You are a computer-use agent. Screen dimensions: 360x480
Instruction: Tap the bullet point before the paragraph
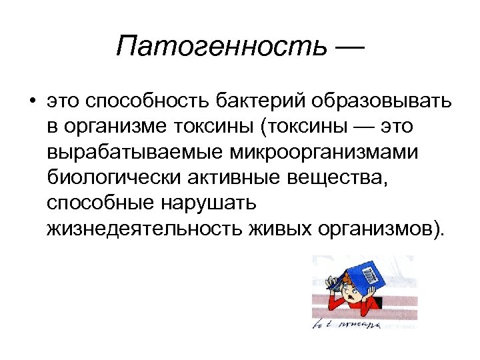tap(31, 103)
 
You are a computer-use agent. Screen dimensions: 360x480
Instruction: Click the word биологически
tap(117, 178)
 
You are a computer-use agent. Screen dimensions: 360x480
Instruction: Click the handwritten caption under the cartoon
tap(347, 325)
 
